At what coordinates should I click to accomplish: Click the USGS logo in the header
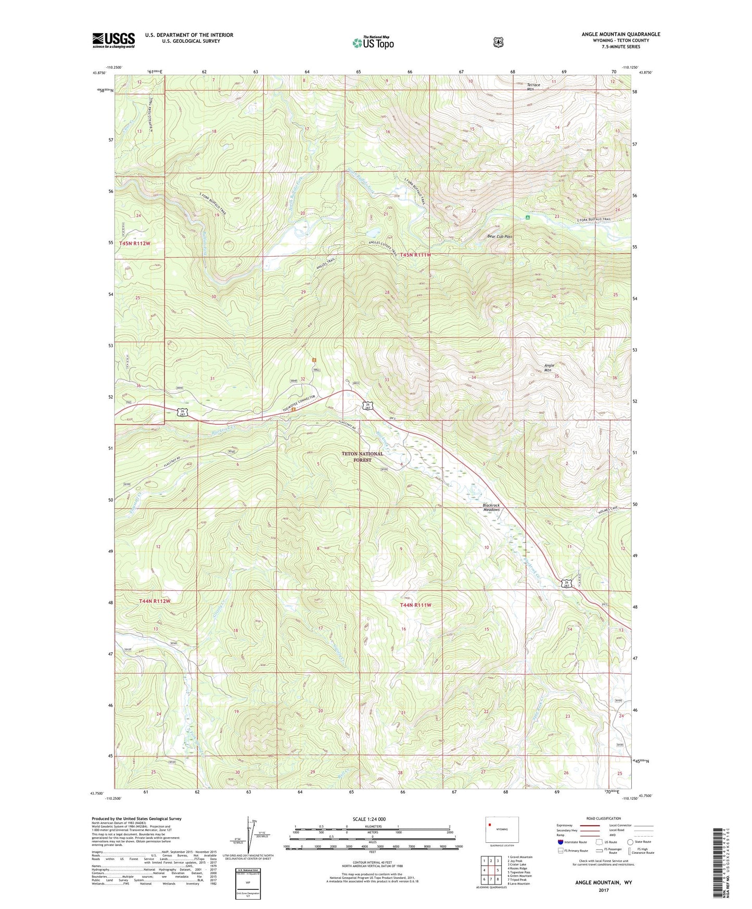(x=113, y=40)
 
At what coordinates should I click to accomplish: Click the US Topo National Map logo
(x=372, y=43)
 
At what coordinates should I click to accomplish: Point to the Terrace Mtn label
(x=533, y=87)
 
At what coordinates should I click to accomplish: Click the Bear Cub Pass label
(x=500, y=236)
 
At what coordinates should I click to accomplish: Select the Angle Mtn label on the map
(x=549, y=368)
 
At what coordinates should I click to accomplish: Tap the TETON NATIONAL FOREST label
(x=362, y=457)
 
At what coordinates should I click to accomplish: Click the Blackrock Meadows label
(x=491, y=507)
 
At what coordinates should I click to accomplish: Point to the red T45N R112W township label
(x=134, y=244)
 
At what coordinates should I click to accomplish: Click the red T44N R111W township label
(x=416, y=605)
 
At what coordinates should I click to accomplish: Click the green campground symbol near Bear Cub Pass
(x=528, y=218)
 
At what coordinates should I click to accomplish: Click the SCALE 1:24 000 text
(x=369, y=819)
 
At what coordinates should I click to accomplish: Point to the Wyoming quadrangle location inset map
(x=502, y=831)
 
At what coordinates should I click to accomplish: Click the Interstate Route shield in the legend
(x=560, y=841)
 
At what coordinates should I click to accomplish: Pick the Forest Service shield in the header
(x=498, y=42)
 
